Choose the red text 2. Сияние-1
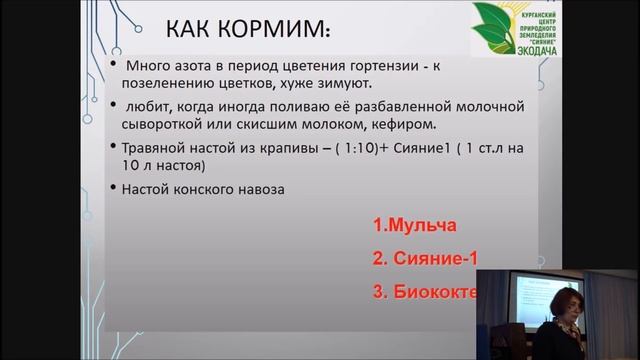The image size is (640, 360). [x=420, y=259]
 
